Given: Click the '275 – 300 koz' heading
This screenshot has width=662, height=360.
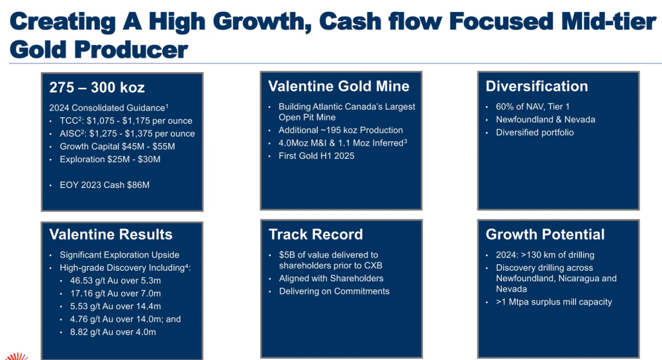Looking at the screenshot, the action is tap(97, 87).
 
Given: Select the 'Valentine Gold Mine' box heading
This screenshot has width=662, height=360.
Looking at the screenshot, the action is tap(338, 86).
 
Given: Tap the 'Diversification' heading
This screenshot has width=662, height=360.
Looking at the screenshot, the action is tap(537, 86).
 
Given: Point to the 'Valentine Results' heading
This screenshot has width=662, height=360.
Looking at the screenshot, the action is tap(111, 234).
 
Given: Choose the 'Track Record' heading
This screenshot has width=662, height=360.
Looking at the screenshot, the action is tap(316, 234).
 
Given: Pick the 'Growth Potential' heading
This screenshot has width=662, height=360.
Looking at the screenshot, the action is tap(545, 234).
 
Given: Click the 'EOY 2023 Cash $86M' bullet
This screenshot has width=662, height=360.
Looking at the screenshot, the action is tap(105, 185).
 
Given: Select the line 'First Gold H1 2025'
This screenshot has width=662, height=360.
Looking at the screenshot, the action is tap(316, 156).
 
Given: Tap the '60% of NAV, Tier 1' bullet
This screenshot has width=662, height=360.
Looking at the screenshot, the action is tap(532, 107).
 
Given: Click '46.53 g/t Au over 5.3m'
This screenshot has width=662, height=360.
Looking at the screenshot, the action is tap(115, 281).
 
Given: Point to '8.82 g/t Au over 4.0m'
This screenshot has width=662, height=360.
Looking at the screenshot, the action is tap(113, 332).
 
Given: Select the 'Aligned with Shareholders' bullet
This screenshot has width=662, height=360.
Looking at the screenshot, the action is tap(331, 279).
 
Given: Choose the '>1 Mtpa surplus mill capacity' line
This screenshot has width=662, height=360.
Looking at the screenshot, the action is tap(553, 302).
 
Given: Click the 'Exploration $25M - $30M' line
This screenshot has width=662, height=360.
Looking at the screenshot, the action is tap(110, 159).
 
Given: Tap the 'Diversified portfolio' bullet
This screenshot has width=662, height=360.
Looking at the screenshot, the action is tap(534, 132).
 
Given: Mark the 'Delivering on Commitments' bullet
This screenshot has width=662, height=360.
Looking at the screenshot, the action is tap(334, 291).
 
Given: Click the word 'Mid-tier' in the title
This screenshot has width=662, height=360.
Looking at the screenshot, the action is tap(603, 21).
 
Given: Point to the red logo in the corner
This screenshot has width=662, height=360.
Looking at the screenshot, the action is tap(17, 356).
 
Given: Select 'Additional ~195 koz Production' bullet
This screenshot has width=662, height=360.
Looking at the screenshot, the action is tap(340, 130).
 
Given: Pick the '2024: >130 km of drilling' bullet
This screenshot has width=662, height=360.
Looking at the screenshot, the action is tap(545, 255).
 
